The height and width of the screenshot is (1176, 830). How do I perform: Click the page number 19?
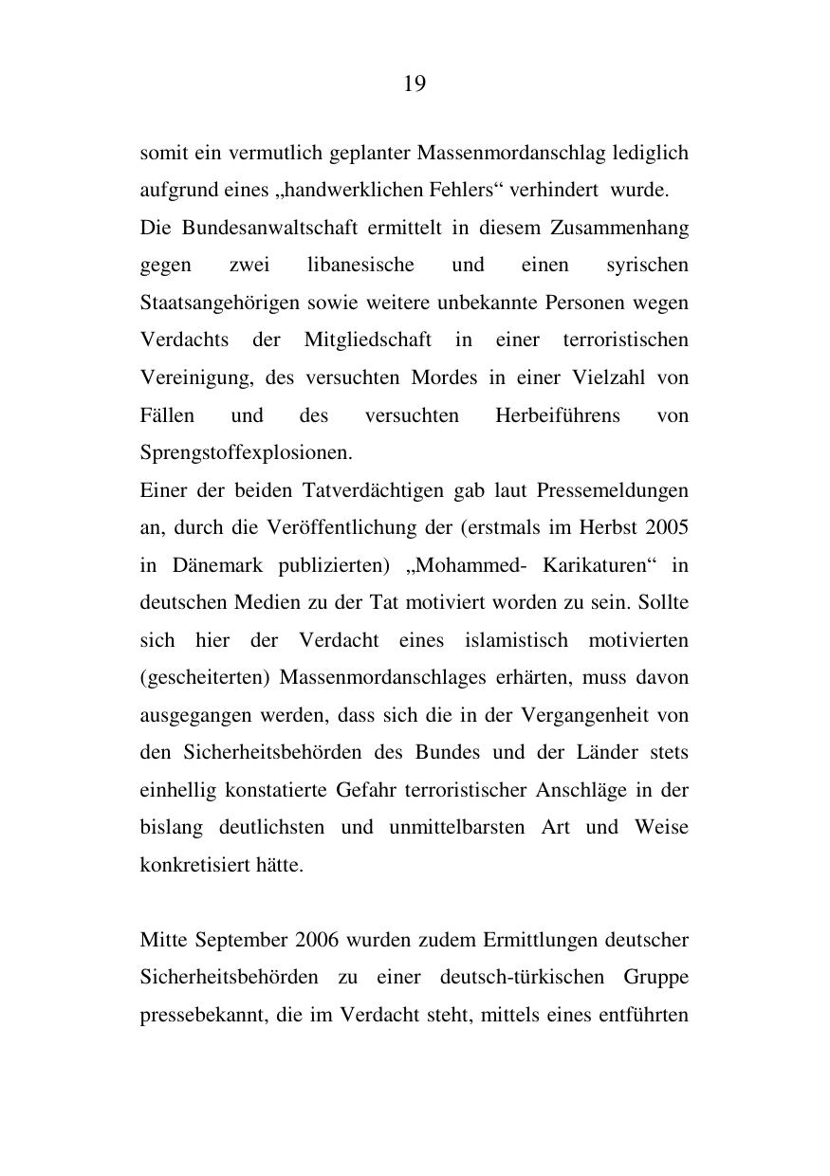(x=415, y=84)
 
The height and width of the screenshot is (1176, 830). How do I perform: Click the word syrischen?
(x=647, y=265)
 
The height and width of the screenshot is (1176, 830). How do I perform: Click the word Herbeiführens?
(x=558, y=415)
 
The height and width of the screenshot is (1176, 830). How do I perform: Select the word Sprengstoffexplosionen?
(x=246, y=452)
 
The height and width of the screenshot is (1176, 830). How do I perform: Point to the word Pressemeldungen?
(x=613, y=490)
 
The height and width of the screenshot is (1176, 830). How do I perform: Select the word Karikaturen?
(x=595, y=565)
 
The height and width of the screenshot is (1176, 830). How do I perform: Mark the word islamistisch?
(x=516, y=640)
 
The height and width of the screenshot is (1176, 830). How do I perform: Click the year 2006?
(x=318, y=941)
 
